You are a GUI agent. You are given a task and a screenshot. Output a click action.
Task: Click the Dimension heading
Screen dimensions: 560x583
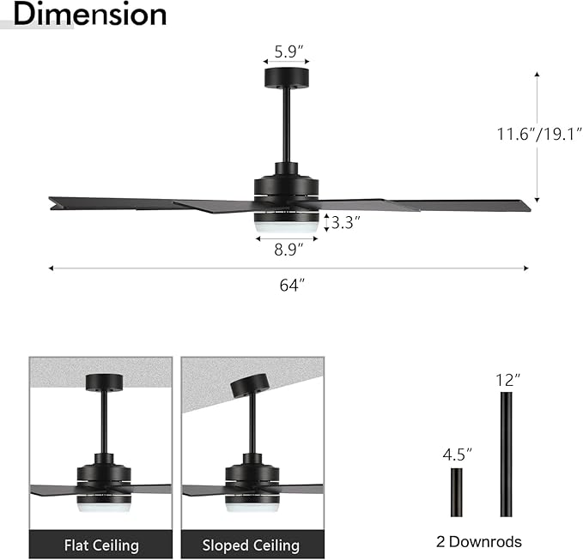(90, 15)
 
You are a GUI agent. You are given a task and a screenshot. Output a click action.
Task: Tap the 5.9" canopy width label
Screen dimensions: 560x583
(287, 51)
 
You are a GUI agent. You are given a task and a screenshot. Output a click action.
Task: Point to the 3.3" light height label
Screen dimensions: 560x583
(345, 223)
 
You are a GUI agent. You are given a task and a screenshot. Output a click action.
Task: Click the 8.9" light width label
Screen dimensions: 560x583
(288, 250)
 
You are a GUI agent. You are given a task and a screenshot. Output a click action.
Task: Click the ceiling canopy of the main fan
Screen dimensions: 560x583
(287, 79)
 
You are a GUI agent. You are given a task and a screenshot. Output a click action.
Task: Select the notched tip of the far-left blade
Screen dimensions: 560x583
(54, 202)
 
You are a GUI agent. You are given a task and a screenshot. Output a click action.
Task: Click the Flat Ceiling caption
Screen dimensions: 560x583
(101, 545)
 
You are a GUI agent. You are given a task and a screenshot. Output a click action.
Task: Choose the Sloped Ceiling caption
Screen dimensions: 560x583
(251, 545)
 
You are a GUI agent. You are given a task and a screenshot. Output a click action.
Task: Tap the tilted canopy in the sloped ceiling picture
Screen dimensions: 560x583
(248, 384)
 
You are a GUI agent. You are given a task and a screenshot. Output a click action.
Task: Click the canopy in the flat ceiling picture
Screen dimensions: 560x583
(104, 382)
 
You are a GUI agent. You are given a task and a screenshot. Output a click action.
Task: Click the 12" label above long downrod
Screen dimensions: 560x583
(507, 378)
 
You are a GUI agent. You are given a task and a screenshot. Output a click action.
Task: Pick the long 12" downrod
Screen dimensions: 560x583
(506, 454)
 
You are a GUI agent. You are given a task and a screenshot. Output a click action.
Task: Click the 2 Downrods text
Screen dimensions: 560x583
(480, 541)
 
